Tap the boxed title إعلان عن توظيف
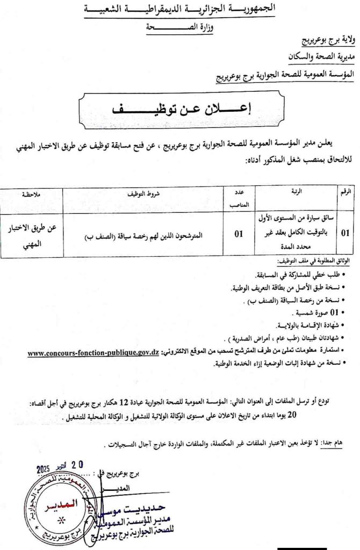[x=182, y=107]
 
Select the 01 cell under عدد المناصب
[x=238, y=234]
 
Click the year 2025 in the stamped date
[x=47, y=469]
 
